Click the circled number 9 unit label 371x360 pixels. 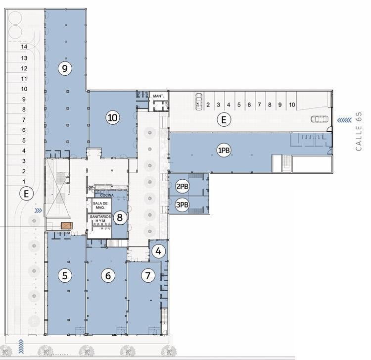pyautogui.click(x=65, y=68)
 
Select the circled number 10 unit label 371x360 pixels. pyautogui.click(x=113, y=117)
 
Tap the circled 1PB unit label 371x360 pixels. pyautogui.click(x=224, y=150)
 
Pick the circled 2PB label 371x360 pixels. pyautogui.click(x=182, y=186)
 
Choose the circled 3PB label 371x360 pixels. pyautogui.click(x=182, y=205)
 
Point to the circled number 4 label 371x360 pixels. pyautogui.click(x=158, y=251)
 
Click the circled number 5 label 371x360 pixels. pyautogui.click(x=65, y=275)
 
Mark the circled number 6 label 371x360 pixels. pyautogui.click(x=108, y=275)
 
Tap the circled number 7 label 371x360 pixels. pyautogui.click(x=148, y=275)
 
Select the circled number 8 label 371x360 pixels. pyautogui.click(x=120, y=217)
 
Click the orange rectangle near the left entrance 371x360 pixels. pyautogui.click(x=66, y=225)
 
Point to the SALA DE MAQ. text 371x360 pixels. pyautogui.click(x=100, y=206)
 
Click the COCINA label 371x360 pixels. pyautogui.click(x=107, y=195)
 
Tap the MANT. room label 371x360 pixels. pyautogui.click(x=158, y=96)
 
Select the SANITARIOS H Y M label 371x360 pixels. pyautogui.click(x=100, y=218)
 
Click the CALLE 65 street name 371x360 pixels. pyautogui.click(x=359, y=131)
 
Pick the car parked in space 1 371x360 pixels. pyautogui.click(x=199, y=102)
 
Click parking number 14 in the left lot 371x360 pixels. pyautogui.click(x=24, y=47)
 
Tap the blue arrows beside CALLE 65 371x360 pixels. pyautogui.click(x=344, y=120)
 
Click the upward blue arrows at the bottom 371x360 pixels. pyautogui.click(x=21, y=347)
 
